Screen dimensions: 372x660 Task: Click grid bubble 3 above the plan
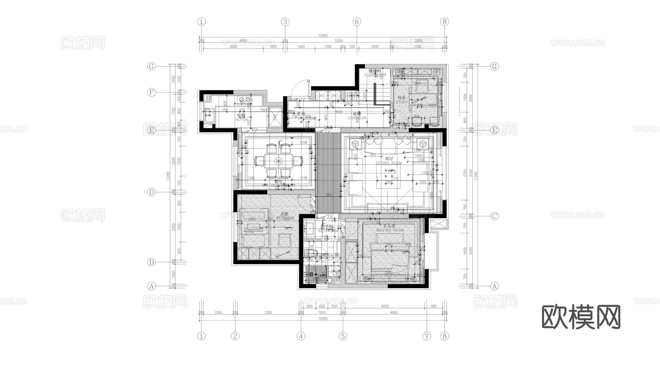285,22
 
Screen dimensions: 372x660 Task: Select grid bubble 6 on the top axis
357,22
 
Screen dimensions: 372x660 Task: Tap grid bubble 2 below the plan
235,336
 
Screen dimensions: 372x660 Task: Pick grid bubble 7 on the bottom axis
426,336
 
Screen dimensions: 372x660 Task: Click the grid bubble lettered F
151,92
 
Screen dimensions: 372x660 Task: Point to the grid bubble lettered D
151,192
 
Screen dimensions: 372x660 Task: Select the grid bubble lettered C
495,216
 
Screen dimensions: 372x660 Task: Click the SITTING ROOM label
389,163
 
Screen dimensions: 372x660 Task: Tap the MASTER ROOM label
390,230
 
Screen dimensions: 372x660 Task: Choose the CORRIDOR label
357,118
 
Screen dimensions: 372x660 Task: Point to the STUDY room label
401,102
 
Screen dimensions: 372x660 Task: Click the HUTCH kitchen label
241,120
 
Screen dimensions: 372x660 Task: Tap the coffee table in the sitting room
389,176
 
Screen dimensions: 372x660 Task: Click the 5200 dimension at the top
338,41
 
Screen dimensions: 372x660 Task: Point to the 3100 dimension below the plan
268,313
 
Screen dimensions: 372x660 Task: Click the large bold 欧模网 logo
581,317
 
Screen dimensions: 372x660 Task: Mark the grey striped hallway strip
329,173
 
